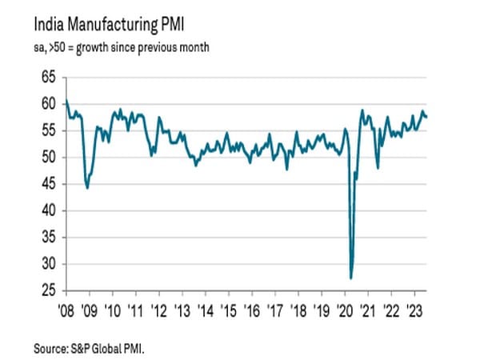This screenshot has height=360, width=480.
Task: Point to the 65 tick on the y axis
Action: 50,78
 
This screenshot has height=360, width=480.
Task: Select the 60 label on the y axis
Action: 50,104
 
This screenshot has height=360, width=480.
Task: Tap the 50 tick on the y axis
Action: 50,158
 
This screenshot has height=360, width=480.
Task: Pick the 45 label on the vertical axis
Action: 50,184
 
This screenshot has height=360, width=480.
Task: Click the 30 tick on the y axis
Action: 50,264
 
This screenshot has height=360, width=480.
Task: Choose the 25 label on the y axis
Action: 50,290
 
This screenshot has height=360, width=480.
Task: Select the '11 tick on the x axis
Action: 137,307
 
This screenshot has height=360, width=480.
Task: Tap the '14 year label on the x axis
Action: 206,307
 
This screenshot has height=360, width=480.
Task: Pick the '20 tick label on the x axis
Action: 346,307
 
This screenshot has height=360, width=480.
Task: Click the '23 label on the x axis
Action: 416,307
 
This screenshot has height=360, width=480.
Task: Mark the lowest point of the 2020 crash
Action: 351,278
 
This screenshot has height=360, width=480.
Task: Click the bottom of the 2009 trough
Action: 86,188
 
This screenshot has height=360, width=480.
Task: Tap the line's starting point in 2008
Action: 66,101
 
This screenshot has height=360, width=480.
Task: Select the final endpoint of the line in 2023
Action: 426,117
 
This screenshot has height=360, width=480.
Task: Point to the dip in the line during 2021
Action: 378,168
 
